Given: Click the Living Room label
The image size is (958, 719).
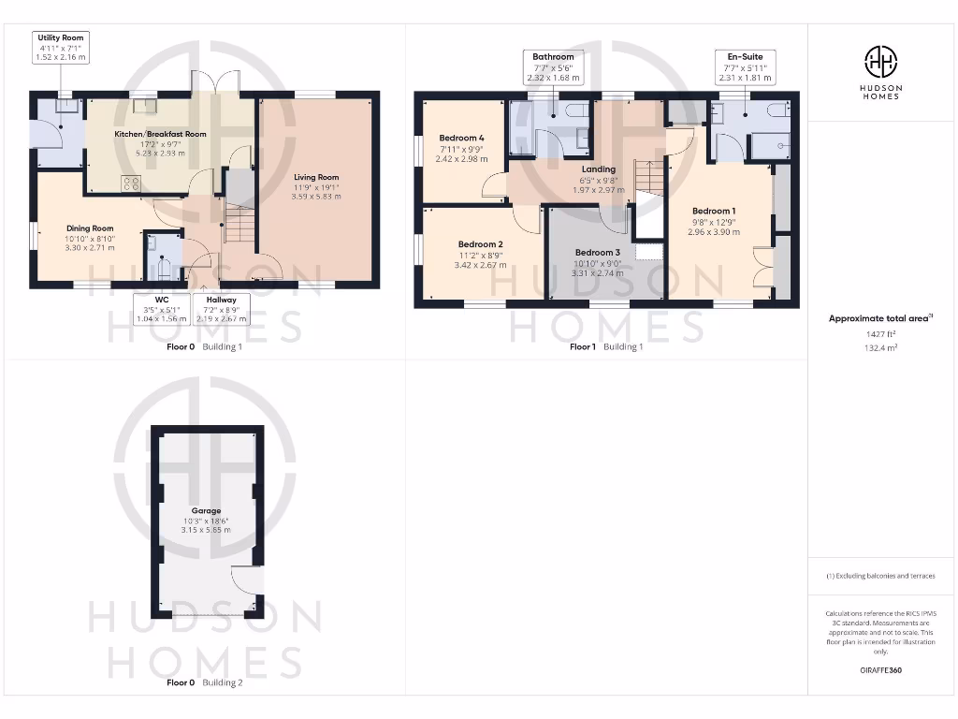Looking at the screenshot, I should (316, 177).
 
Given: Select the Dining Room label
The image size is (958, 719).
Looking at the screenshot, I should (90, 227).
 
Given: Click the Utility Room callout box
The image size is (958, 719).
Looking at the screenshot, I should (61, 46).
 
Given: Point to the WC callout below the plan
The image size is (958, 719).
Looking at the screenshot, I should (160, 309).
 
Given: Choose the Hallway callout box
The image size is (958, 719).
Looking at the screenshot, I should (221, 309).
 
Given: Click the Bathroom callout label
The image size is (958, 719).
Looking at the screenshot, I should (553, 66).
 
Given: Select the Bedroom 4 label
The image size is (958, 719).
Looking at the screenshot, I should (462, 139).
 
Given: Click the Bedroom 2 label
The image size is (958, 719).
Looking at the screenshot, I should (481, 243).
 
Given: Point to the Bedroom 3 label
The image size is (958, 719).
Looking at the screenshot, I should (598, 252).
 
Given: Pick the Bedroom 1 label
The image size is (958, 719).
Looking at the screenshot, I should (714, 211).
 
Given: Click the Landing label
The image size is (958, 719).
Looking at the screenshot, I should (599, 169).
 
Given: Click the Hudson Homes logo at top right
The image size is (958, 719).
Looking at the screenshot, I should (879, 71).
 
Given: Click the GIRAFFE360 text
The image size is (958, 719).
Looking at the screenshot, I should (879, 670).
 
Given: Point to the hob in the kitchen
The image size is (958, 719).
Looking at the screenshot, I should (131, 183).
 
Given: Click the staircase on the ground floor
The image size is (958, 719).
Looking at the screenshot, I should (238, 225).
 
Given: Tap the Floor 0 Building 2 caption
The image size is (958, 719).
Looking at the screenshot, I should (204, 682).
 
